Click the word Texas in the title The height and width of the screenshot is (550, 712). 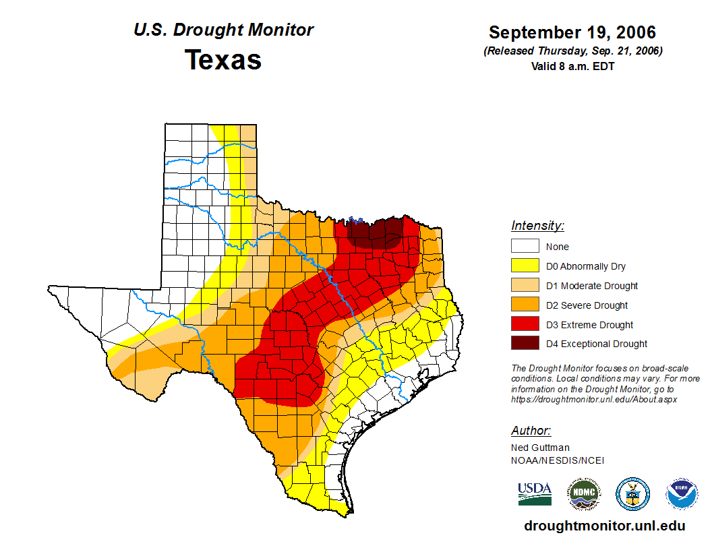[223, 60]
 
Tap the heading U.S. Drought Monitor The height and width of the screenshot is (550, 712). [223, 30]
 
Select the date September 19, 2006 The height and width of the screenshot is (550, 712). [572, 32]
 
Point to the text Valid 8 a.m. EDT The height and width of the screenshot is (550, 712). [572, 66]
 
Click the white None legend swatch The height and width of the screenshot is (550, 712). [525, 247]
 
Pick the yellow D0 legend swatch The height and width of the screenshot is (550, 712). [525, 266]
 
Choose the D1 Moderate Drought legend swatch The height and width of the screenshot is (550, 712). [525, 286]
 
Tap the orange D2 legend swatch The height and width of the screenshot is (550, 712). [525, 305]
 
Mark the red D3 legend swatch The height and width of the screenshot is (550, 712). [525, 325]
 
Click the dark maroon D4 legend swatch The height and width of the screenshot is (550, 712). [525, 344]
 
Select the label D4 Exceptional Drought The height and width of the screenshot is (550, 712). [597, 344]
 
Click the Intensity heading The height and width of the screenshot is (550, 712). [537, 226]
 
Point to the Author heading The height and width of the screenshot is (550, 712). [531, 431]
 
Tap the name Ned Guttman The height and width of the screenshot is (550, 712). [540, 448]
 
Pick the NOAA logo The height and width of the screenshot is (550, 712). [682, 494]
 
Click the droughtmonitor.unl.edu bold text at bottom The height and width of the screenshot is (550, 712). [604, 526]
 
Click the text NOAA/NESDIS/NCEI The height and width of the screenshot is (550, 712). [558, 460]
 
